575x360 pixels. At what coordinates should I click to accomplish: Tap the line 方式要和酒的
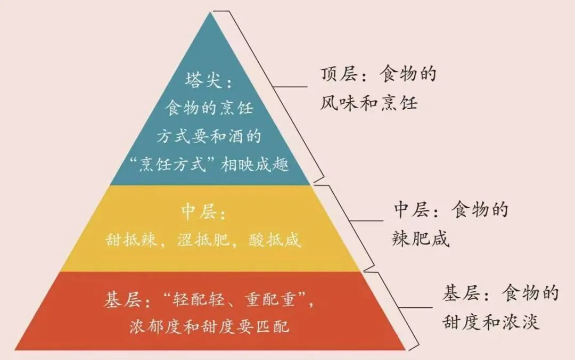[x=209, y=137]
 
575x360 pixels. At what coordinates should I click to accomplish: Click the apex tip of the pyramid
[x=212, y=13]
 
